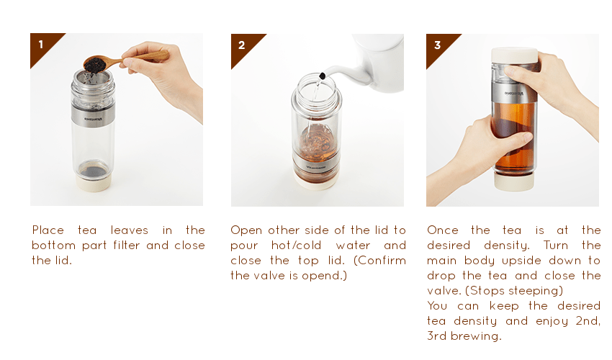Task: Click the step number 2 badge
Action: (x=242, y=45)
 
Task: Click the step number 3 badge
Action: (x=437, y=45)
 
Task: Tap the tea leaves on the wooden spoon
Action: (x=94, y=64)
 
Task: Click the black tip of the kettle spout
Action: (x=322, y=76)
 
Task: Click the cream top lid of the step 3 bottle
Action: (x=514, y=55)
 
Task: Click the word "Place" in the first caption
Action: (x=48, y=230)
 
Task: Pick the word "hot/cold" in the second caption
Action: (x=296, y=246)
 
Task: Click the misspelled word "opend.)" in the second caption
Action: (x=324, y=276)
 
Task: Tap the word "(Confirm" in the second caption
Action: (x=379, y=261)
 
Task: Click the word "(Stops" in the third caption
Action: (x=486, y=291)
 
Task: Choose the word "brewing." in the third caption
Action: (x=476, y=336)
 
